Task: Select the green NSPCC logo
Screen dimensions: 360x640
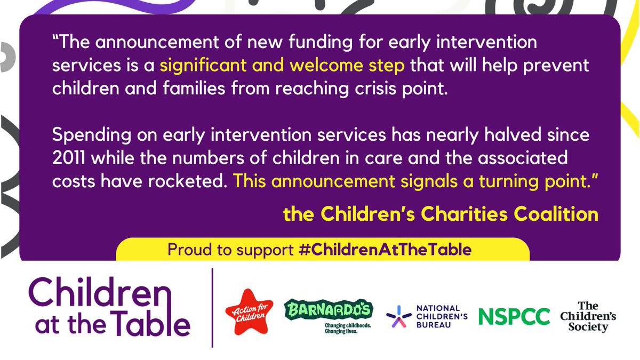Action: (514, 316)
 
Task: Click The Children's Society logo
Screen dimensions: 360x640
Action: (588, 316)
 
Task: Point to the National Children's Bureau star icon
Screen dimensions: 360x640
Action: (396, 316)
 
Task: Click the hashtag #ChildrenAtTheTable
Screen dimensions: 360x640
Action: (384, 250)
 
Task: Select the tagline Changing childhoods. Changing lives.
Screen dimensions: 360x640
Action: (348, 327)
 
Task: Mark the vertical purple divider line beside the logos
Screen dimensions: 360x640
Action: (213, 308)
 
